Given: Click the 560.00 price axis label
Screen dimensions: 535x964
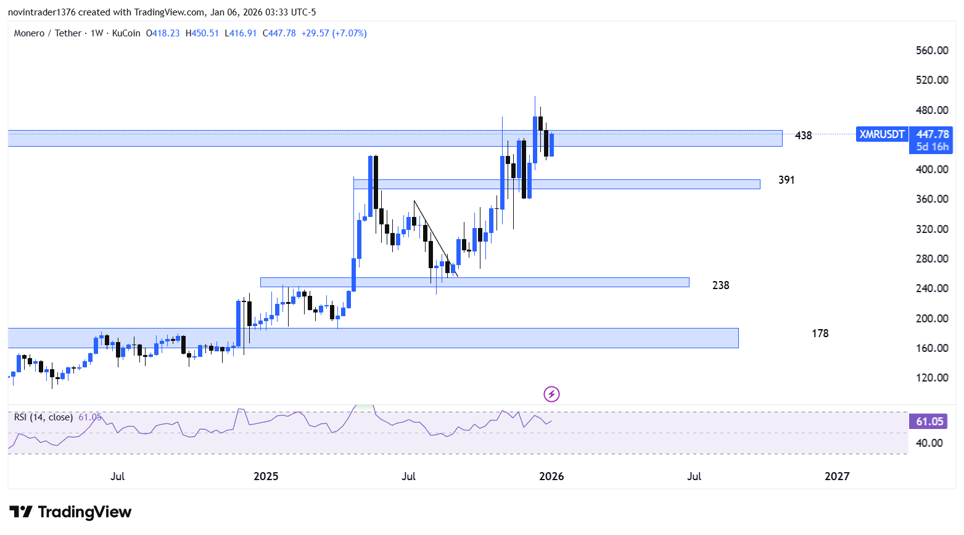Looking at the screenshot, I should coord(931,51).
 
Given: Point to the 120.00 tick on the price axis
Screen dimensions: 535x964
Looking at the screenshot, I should coord(931,378).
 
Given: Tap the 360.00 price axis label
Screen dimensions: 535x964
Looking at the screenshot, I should coord(931,199).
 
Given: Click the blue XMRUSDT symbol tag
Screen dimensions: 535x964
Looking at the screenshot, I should coord(882,134).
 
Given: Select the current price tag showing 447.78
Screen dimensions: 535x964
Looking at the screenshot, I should coord(932,134).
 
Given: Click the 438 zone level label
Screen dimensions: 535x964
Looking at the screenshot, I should coord(803,136).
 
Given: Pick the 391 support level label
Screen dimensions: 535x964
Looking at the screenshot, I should coord(786,180).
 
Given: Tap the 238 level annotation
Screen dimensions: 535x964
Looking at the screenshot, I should coord(720,285).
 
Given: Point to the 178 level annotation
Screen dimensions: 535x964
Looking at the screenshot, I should coord(820,333).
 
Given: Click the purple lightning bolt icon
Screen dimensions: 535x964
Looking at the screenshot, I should coord(551,394).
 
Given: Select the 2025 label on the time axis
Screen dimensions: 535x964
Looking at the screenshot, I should coord(266,476).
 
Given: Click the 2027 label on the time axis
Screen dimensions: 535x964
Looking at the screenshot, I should coord(837,476).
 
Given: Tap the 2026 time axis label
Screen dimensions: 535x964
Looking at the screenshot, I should coord(551,476).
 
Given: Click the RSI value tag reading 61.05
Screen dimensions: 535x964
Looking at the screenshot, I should coord(929,422).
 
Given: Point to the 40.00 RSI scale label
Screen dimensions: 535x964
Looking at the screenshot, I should coord(929,443).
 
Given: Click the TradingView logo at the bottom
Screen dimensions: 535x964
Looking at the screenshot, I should coord(71,512).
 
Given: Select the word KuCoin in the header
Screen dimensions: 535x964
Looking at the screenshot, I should coord(126,33).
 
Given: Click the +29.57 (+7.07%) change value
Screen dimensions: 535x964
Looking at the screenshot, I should coord(334,33).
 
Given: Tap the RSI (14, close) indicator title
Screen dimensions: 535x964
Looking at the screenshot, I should coord(43,417).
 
